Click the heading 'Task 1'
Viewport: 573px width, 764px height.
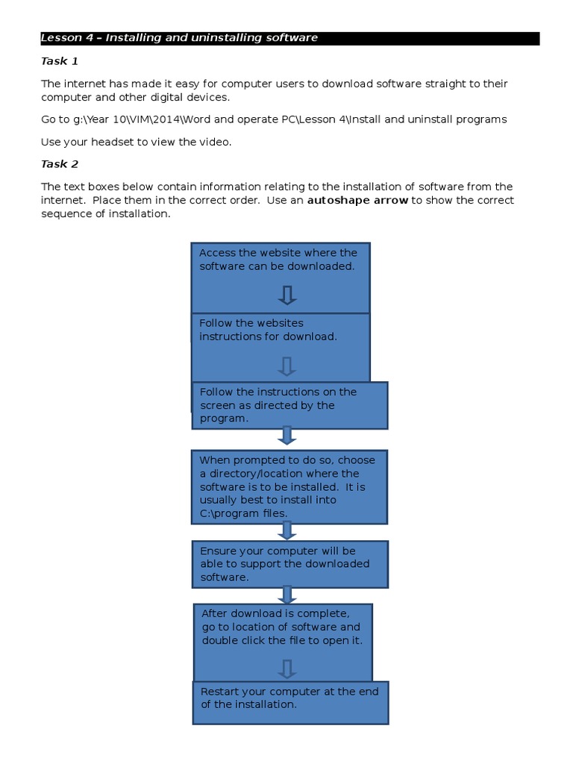(x=59, y=61)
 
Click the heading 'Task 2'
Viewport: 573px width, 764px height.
(x=59, y=164)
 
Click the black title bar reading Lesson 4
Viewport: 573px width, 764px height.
(x=289, y=38)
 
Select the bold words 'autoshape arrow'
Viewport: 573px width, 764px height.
(x=357, y=200)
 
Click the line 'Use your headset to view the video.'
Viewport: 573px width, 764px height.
(x=137, y=142)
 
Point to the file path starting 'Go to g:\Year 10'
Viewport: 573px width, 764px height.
(x=274, y=119)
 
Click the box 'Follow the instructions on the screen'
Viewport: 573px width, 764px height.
(x=289, y=405)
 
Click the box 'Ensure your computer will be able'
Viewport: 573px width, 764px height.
(x=289, y=564)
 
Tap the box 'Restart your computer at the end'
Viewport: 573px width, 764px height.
(x=289, y=702)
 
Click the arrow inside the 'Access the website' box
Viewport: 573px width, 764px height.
(x=287, y=295)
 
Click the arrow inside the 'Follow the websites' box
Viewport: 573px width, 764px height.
(x=287, y=366)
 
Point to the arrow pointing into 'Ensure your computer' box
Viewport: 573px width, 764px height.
(x=287, y=530)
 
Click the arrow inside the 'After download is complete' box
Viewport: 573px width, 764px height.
(x=287, y=668)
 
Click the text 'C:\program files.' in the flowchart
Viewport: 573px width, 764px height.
(x=243, y=513)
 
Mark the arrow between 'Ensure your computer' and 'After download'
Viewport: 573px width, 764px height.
(x=287, y=595)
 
